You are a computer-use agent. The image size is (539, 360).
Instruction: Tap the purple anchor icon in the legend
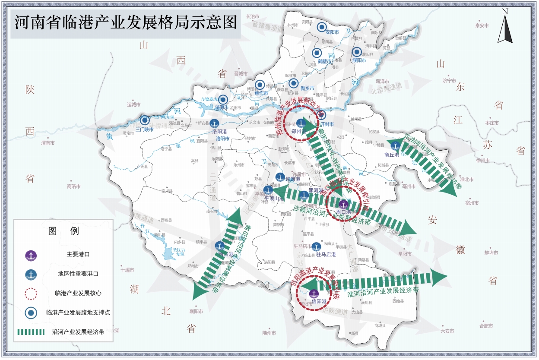point(31,255)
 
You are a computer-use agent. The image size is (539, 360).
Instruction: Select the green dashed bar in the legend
point(31,332)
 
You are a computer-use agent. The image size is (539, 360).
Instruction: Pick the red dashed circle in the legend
point(31,294)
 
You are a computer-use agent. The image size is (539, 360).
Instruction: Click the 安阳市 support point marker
point(322,27)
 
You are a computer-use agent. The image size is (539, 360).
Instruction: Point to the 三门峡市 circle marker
point(145,120)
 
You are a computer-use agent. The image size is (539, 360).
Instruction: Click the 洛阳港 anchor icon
point(214,123)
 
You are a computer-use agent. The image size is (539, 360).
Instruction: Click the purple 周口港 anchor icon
point(343,204)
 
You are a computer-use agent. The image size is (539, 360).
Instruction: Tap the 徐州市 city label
point(482,161)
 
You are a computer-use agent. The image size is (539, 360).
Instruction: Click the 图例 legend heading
point(63,231)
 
